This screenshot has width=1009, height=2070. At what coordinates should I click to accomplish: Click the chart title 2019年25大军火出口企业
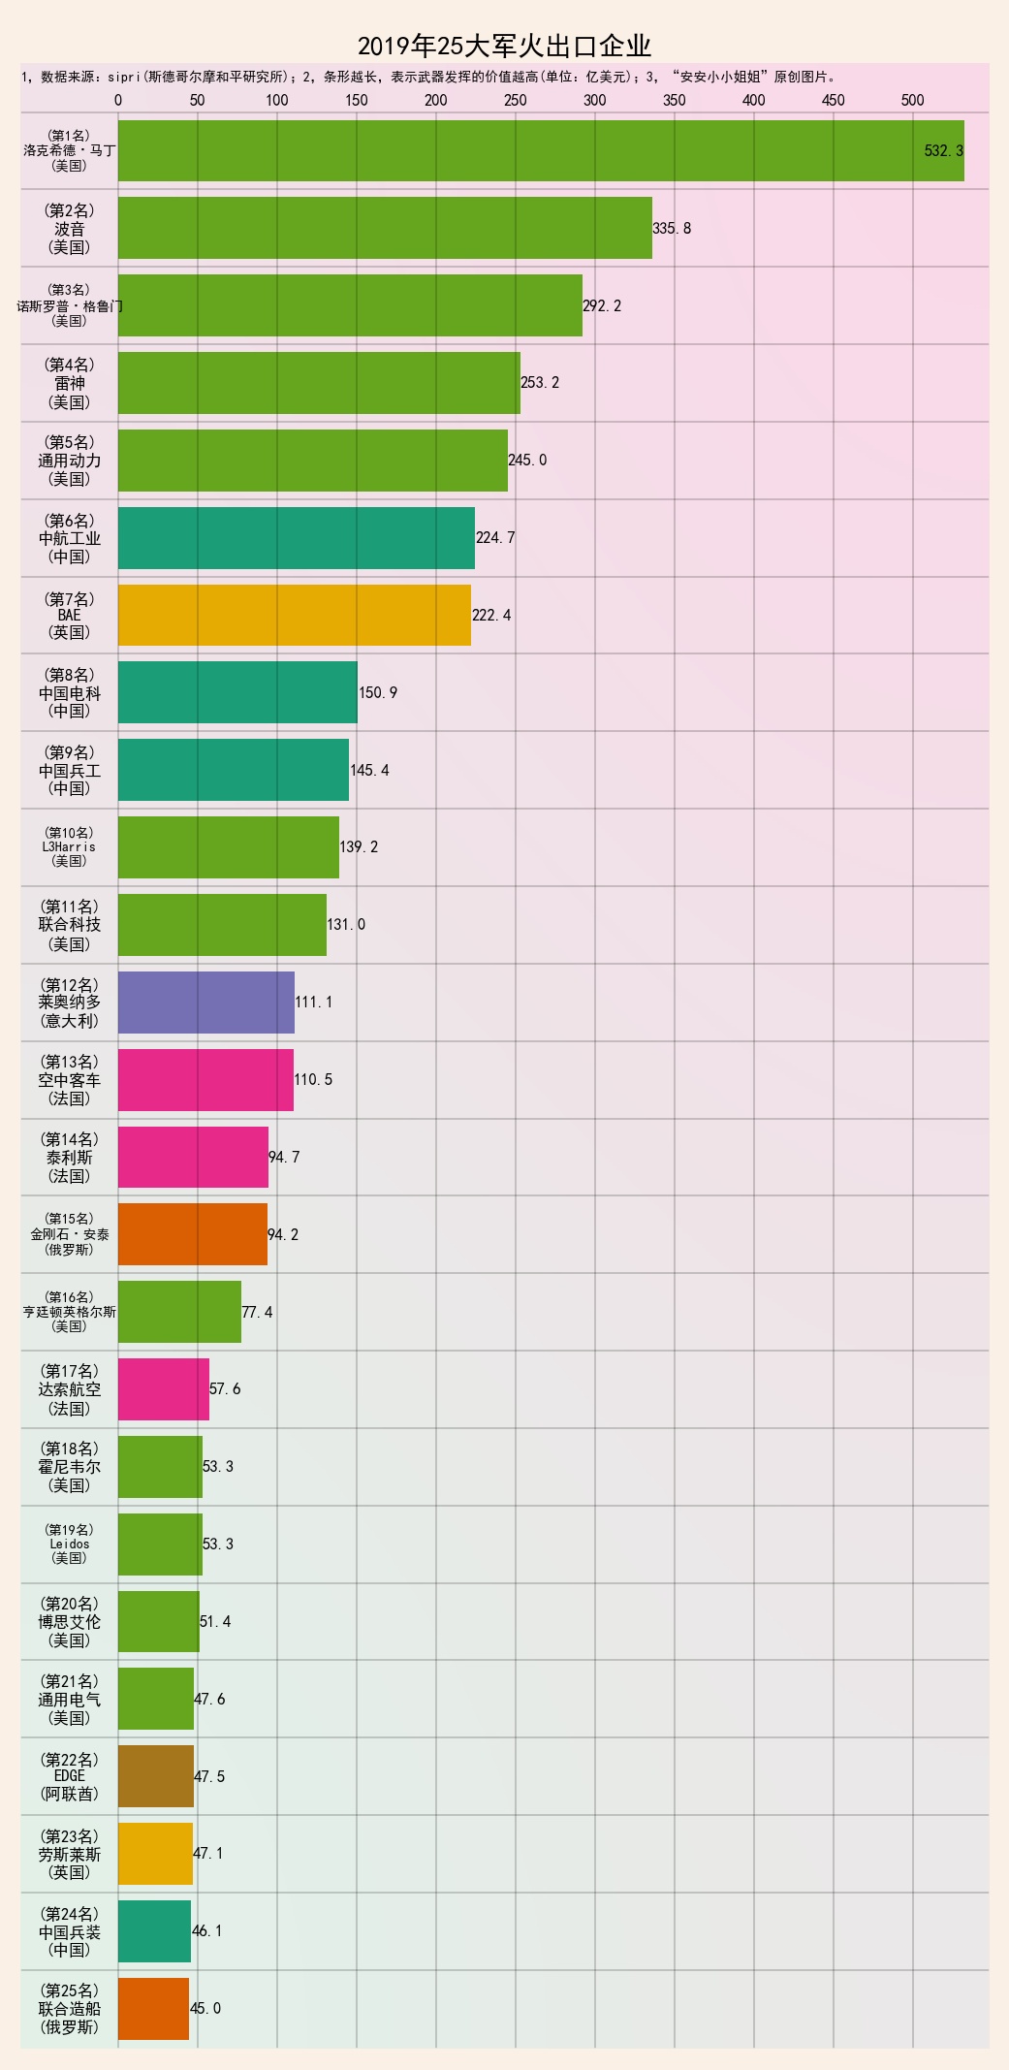pyautogui.click(x=504, y=46)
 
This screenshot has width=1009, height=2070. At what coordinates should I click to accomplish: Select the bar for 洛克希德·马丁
pyautogui.click(x=541, y=150)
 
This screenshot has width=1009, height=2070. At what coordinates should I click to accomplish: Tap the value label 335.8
pyautogui.click(x=672, y=229)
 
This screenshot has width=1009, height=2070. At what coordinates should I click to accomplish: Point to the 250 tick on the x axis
pyautogui.click(x=516, y=100)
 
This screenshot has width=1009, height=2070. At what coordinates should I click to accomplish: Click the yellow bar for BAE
pyautogui.click(x=295, y=615)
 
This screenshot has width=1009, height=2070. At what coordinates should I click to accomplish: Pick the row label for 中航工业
pyautogui.click(x=70, y=538)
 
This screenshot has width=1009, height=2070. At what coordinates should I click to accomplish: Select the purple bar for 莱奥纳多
pyautogui.click(x=206, y=1002)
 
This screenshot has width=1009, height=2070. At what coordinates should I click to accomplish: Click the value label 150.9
pyautogui.click(x=378, y=693)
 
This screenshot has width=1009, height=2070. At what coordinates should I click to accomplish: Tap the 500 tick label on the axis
pyautogui.click(x=912, y=100)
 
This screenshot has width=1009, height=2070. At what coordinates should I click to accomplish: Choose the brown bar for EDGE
pyautogui.click(x=156, y=1776)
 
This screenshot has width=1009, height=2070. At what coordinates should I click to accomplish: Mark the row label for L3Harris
pyautogui.click(x=70, y=846)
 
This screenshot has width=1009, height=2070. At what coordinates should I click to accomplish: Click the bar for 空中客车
pyautogui.click(x=205, y=1079)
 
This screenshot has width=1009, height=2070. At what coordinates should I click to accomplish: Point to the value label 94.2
pyautogui.click(x=283, y=1235)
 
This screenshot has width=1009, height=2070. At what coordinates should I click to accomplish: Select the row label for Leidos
pyautogui.click(x=70, y=1544)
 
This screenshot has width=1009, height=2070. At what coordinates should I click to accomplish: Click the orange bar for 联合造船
pyautogui.click(x=153, y=2008)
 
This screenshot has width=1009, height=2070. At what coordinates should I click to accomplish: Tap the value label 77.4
pyautogui.click(x=257, y=1313)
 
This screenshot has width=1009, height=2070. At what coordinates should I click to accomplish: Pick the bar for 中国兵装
pyautogui.click(x=154, y=1930)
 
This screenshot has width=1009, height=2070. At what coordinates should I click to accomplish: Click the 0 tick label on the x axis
pyautogui.click(x=118, y=100)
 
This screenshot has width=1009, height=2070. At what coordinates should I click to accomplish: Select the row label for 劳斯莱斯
pyautogui.click(x=70, y=1854)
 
